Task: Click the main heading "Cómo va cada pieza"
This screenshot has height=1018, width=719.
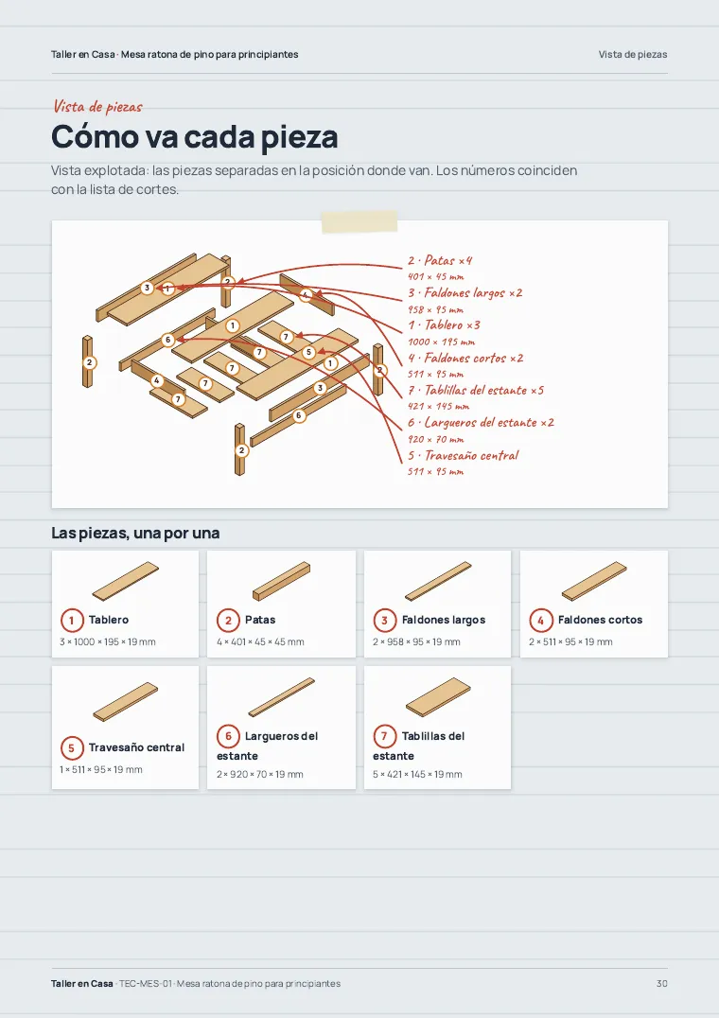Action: (195, 136)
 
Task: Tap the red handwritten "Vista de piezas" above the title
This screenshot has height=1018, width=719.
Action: (97, 106)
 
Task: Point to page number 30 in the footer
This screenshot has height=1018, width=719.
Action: (662, 984)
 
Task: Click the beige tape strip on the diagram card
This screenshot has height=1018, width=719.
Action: (359, 221)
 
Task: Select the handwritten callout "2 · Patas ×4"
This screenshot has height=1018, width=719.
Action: (440, 260)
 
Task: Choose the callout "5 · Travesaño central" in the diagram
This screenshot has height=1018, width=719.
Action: (464, 455)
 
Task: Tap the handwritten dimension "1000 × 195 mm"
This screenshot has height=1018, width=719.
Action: (441, 342)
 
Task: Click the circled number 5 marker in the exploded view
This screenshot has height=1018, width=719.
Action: (308, 352)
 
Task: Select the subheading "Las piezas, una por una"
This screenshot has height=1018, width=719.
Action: (135, 533)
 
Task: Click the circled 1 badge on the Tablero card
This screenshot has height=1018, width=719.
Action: (71, 620)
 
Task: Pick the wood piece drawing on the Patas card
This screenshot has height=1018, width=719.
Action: (282, 582)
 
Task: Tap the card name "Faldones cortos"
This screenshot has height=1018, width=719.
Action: (600, 620)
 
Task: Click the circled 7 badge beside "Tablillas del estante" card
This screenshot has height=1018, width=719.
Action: (384, 736)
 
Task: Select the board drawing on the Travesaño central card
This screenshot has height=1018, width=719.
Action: (125, 701)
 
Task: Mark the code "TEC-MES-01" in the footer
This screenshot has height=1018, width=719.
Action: (146, 984)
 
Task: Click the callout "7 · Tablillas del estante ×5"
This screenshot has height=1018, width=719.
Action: (476, 390)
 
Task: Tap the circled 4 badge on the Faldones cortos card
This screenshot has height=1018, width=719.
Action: (540, 620)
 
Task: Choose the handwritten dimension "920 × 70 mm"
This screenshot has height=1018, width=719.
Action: (436, 439)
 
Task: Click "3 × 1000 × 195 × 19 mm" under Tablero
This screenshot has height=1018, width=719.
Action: (108, 641)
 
